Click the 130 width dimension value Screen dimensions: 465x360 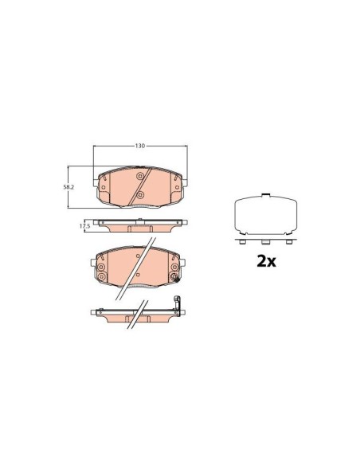coord(139,147)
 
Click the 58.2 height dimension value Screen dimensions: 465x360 coord(69,186)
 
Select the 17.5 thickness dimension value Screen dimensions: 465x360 coord(84,226)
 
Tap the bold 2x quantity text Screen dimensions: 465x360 coord(264,260)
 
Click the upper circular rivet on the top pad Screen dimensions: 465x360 coord(140,177)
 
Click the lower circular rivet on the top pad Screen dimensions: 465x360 coord(140,193)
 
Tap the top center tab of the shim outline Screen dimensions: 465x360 coord(264,196)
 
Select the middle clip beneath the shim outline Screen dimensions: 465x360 coord(264,240)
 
